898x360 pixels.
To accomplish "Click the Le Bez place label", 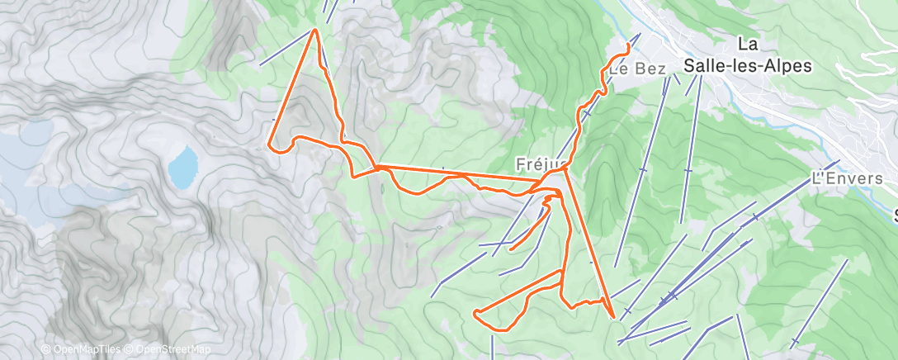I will click(637, 70).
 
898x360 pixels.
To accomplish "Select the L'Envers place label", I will click(848, 178).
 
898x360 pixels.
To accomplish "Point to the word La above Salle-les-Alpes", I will click(749, 44).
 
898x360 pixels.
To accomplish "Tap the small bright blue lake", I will click(183, 166).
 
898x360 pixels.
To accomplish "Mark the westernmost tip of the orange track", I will click(271, 146).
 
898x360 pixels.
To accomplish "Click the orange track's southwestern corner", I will click(476, 312).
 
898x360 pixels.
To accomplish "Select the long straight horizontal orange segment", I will click(462, 174).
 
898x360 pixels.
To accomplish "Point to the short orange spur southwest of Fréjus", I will click(528, 227).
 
